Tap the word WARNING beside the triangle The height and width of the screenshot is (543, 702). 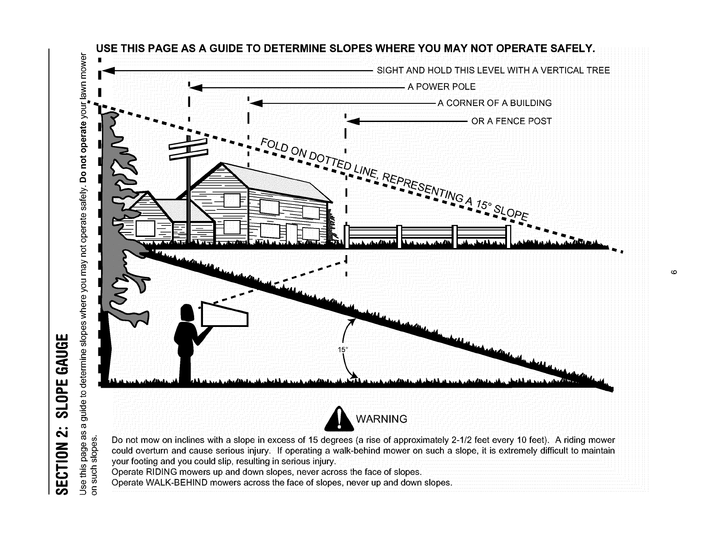(x=382, y=419)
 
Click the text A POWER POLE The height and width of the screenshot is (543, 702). (x=441, y=87)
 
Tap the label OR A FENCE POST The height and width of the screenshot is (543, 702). (x=511, y=121)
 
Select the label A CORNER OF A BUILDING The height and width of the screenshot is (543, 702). (x=495, y=103)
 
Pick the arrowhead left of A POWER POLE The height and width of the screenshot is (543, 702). (x=195, y=87)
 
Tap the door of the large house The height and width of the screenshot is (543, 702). (x=292, y=233)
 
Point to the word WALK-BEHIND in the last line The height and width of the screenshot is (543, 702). (x=172, y=483)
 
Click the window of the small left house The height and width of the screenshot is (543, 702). (x=145, y=229)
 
